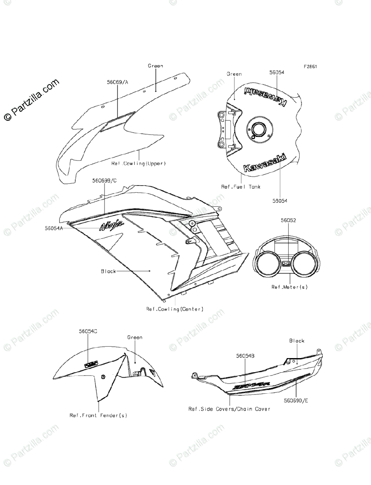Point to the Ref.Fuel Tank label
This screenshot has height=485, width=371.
pyautogui.click(x=241, y=187)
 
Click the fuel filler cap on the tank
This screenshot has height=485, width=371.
pyautogui.click(x=258, y=130)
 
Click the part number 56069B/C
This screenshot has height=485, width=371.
pyautogui.click(x=104, y=181)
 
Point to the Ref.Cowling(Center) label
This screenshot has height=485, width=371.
pyautogui.click(x=175, y=309)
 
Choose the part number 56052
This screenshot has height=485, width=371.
pyautogui.click(x=288, y=221)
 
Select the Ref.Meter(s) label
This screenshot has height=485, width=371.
pyautogui.click(x=289, y=287)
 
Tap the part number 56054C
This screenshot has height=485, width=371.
pyautogui.click(x=88, y=331)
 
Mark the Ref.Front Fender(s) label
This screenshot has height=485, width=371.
pyautogui.click(x=98, y=415)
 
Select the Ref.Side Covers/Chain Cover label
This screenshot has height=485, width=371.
pyautogui.click(x=229, y=409)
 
